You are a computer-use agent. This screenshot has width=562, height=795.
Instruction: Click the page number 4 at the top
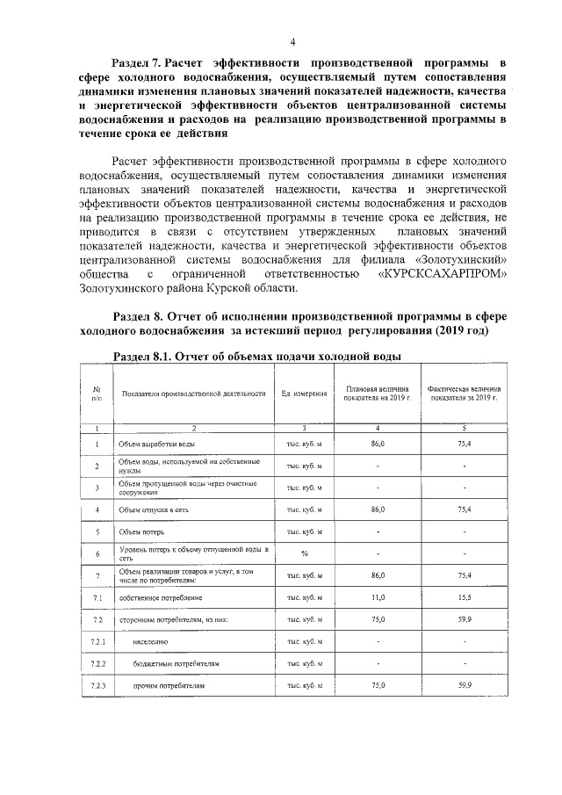pyautogui.click(x=292, y=41)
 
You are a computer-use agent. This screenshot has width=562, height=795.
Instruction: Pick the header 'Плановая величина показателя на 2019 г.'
pyautogui.click(x=378, y=393)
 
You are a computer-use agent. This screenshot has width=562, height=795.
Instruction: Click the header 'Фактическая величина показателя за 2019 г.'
pyautogui.click(x=465, y=393)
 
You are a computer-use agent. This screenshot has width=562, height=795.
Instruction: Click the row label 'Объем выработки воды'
pyautogui.click(x=157, y=444)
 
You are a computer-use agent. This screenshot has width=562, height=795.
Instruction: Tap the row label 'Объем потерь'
pyautogui.click(x=143, y=531)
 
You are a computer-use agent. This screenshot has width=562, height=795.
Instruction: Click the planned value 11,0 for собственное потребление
pyautogui.click(x=378, y=597)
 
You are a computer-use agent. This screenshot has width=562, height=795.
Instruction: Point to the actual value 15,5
pyautogui.click(x=465, y=597)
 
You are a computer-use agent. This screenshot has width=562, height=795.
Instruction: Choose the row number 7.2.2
pyautogui.click(x=97, y=662)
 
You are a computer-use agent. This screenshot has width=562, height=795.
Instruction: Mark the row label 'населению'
pyautogui.click(x=152, y=641)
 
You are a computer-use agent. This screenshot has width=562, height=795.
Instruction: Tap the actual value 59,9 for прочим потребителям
pyautogui.click(x=465, y=684)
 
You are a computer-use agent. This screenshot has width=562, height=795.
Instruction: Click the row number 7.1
pyautogui.click(x=97, y=597)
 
